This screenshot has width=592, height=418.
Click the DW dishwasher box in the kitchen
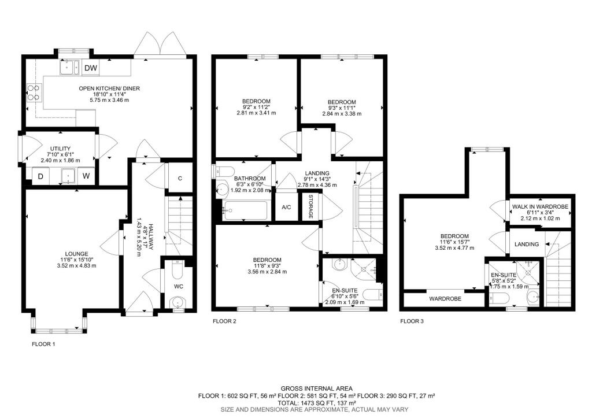pyautogui.click(x=91, y=68)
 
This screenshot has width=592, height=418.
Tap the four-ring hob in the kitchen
pyautogui.click(x=34, y=93)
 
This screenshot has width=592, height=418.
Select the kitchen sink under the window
pyautogui.click(x=69, y=68)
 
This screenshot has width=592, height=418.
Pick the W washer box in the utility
pyautogui.click(x=86, y=176)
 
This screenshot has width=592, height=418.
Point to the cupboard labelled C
pyautogui.click(x=180, y=178)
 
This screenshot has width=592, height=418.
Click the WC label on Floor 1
pyautogui.click(x=179, y=287)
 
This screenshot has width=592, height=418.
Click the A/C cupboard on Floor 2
pyautogui.click(x=287, y=207)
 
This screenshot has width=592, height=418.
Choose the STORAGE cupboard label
pyautogui.click(x=311, y=206)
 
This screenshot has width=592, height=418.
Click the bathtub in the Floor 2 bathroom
pyautogui.click(x=245, y=210)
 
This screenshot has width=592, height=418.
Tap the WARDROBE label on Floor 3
pyautogui.click(x=446, y=299)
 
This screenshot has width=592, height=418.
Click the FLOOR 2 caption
pyautogui.click(x=224, y=321)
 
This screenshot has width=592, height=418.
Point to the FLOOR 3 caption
pyautogui.click(x=412, y=321)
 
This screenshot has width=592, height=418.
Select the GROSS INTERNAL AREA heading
pyautogui.click(x=317, y=388)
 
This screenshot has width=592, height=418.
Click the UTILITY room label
pyautogui.click(x=60, y=149)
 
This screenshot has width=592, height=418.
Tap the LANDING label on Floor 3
pyautogui.click(x=527, y=245)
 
